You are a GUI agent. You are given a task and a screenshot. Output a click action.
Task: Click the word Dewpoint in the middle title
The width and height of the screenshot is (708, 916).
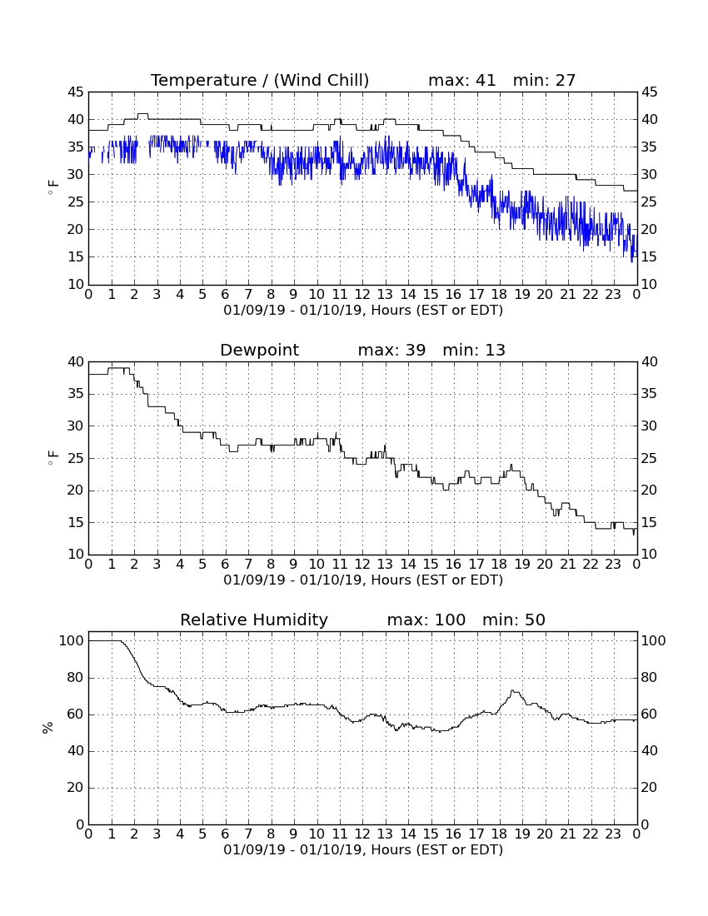coord(259,350)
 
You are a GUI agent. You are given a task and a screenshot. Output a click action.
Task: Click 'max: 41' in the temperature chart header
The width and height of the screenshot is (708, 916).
coord(462,80)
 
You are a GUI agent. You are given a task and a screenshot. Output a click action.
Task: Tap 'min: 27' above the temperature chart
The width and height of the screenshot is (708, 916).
coord(545,80)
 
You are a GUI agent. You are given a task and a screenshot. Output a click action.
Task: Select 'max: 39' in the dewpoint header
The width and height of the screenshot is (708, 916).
coord(391,350)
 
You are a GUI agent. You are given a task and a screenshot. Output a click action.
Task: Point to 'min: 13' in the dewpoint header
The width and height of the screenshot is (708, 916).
coord(474,350)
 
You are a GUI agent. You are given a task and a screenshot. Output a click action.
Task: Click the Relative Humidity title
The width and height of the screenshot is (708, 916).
coord(254,620)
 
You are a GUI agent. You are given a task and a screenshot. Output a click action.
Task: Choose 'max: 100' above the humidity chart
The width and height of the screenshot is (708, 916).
coord(426,620)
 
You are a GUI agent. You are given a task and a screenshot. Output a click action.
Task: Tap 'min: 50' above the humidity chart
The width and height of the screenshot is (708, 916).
coord(513,620)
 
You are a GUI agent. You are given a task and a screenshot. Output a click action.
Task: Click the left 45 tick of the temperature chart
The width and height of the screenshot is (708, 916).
coord(76,92)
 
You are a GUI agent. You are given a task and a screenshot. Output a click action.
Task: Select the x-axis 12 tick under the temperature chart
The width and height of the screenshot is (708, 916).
coord(362,295)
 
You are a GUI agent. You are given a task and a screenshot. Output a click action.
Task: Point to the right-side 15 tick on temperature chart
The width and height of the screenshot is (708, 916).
coord(650,257)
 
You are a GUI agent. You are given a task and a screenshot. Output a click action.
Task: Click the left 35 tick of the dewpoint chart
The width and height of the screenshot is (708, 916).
coord(76,394)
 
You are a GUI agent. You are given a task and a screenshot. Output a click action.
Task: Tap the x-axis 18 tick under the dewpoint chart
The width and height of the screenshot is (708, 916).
coord(499,565)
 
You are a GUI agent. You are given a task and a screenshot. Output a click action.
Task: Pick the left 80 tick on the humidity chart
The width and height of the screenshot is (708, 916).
coord(76,678)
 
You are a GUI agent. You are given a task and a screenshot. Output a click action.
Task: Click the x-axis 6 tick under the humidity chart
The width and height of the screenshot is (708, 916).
coord(225,834)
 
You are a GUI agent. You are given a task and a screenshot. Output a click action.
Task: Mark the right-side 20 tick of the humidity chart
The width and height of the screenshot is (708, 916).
coord(650,788)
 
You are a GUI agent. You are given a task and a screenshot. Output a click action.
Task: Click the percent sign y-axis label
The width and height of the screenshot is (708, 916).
coord(48,727)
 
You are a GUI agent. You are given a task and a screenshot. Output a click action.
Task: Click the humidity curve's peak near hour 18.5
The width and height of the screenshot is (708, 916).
coord(512,691)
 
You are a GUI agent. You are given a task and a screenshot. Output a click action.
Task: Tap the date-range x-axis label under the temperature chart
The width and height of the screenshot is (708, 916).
coord(363,311)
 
